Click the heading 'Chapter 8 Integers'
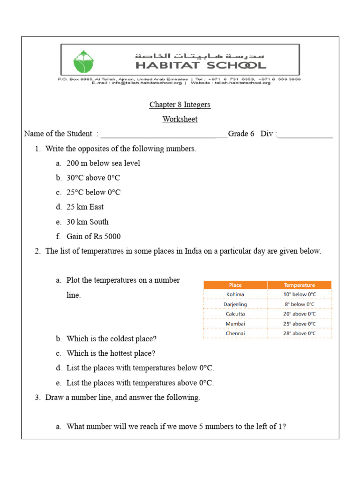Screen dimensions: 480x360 (180, 105)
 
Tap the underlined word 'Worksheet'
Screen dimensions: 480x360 (180, 119)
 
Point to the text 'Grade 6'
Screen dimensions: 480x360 (241, 134)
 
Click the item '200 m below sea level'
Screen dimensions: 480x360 (103, 164)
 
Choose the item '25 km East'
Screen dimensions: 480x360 (85, 207)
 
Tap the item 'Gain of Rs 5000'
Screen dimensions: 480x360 (93, 237)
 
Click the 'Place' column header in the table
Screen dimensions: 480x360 (235, 285)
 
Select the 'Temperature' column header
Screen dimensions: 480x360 (300, 285)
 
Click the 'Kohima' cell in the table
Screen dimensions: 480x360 (235, 295)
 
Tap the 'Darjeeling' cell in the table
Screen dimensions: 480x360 (235, 304)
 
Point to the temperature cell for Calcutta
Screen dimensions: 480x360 (300, 314)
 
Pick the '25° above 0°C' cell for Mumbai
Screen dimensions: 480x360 (300, 324)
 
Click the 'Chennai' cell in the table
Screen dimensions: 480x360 (235, 334)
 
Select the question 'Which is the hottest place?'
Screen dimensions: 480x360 (111, 353)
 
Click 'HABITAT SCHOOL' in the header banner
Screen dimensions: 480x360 (201, 65)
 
